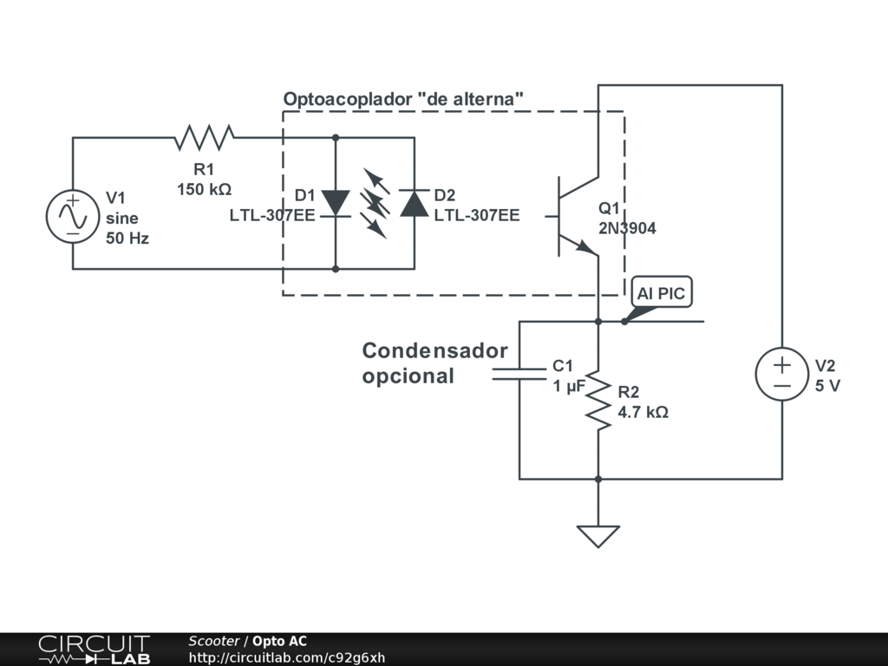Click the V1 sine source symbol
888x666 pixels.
73,217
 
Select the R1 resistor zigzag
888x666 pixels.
204,138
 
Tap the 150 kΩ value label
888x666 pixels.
205,189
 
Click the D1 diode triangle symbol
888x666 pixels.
336,203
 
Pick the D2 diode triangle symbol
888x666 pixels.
414,203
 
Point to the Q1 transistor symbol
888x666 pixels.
575,216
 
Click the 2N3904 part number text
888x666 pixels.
628,228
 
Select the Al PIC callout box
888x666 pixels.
662,293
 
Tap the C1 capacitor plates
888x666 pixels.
519,374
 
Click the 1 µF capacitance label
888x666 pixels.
569,386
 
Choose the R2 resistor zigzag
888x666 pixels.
598,400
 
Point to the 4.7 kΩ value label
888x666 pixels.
643,412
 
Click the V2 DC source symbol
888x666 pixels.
782,374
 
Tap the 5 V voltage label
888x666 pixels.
828,386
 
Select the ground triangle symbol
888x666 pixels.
598,536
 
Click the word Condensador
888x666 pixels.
435,350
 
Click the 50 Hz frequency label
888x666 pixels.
127,238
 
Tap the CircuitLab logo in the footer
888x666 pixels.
94,650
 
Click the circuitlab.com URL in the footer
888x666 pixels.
287,658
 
